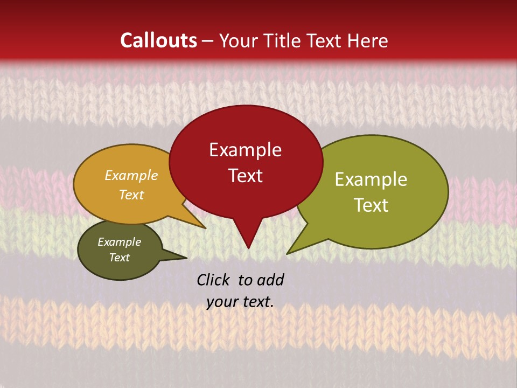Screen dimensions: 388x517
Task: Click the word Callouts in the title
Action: pyautogui.click(x=158, y=40)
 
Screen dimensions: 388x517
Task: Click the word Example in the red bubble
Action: pyautogui.click(x=245, y=150)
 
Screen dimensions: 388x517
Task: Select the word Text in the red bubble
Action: pyautogui.click(x=245, y=176)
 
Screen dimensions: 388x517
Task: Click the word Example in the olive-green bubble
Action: pyautogui.click(x=371, y=179)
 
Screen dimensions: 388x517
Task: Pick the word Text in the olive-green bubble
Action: pyautogui.click(x=372, y=205)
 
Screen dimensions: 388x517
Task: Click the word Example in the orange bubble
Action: pyautogui.click(x=131, y=176)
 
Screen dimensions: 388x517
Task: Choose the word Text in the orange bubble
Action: pyautogui.click(x=131, y=195)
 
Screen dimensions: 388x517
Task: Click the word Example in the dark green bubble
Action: pyautogui.click(x=119, y=242)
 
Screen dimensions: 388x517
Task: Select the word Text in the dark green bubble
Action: pyautogui.click(x=119, y=258)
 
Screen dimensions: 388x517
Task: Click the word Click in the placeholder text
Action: pyautogui.click(x=214, y=280)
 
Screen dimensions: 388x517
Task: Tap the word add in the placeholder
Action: pyautogui.click(x=270, y=280)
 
